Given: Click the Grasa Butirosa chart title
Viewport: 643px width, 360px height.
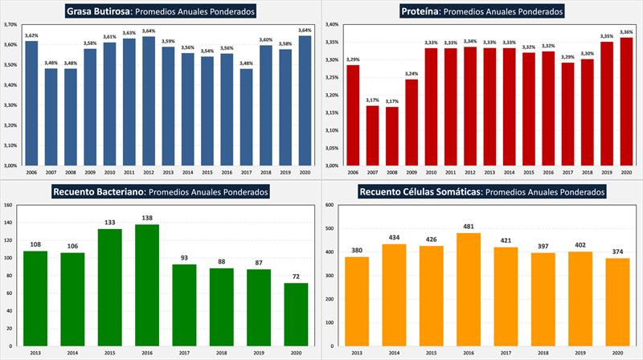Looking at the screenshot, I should (x=161, y=11).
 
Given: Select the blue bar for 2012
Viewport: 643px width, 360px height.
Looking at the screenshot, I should (x=148, y=100).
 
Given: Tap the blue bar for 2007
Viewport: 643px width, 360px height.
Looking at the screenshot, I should (x=51, y=117).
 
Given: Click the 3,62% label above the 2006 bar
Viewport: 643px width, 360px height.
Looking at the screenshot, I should (x=31, y=35).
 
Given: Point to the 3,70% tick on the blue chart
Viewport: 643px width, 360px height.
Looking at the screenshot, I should (x=10, y=24).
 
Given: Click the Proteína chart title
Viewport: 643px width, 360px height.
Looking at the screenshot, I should (x=482, y=11).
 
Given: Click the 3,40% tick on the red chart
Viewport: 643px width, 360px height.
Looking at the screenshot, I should (x=331, y=24).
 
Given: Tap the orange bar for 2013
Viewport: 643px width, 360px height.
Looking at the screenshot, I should (x=357, y=306).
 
